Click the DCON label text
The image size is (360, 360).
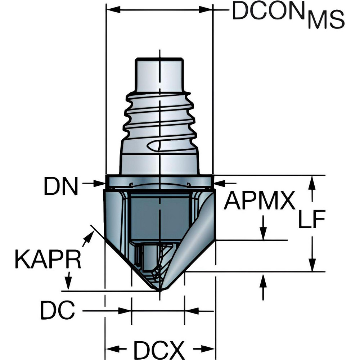(x=268, y=13)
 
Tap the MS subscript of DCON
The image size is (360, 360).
(x=326, y=21)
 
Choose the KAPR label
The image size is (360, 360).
(x=48, y=259)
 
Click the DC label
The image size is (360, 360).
(x=57, y=310)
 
